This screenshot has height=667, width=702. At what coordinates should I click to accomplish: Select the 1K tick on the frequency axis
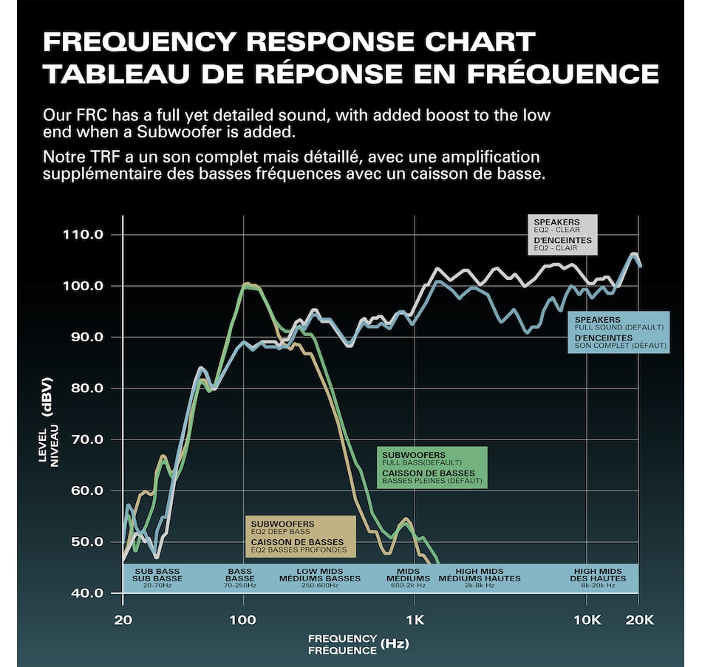pos(415,619)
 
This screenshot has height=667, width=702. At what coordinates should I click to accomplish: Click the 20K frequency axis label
pos(639,619)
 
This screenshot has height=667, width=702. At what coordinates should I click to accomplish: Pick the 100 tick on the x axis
pos(243,619)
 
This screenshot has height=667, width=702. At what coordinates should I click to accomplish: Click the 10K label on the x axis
pos(587,619)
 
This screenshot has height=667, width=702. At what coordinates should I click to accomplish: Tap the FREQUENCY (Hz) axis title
pos(358,644)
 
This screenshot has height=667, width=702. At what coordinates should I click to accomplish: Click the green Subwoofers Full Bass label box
pos(432,467)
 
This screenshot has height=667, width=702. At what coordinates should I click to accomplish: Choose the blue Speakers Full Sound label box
pos(620,332)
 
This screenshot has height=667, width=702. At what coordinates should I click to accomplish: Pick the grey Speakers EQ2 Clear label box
pos(562,235)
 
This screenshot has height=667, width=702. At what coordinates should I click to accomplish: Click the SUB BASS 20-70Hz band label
pos(157,578)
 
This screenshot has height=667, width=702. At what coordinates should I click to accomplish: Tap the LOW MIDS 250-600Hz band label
pos(319,578)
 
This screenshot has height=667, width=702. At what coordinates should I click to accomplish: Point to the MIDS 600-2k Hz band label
pos(408,578)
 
